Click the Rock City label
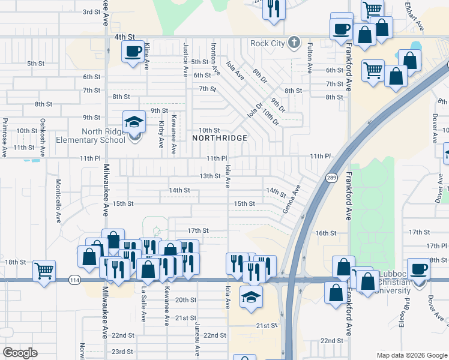pyautogui.click(x=267, y=43)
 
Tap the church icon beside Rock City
pyautogui.click(x=294, y=43)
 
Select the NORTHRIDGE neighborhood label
pyautogui.click(x=220, y=138)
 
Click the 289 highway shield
pyautogui.click(x=331, y=178)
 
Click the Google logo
pyautogui.click(x=20, y=353)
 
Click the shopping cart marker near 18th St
pyautogui.click(x=44, y=271)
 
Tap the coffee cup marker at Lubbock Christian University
pyautogui.click(x=418, y=268)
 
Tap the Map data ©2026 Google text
pyautogui.click(x=411, y=355)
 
